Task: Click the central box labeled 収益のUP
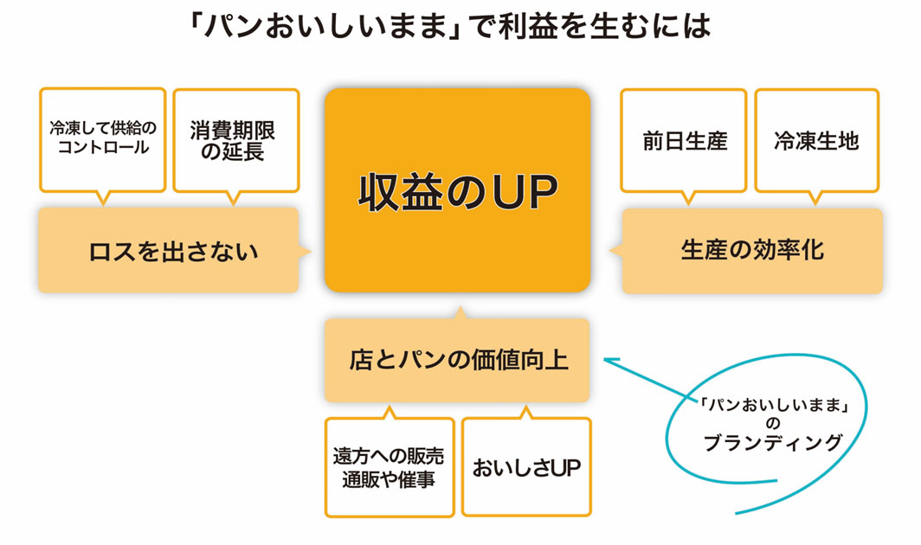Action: point(457,190)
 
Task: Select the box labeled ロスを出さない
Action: point(168,251)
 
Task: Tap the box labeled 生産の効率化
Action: point(752,251)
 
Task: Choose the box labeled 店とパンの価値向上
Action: point(457,360)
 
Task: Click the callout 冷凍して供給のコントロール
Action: point(102,138)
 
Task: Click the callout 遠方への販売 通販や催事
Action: point(389,467)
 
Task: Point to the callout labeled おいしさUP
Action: point(526,468)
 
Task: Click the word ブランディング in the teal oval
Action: point(772,443)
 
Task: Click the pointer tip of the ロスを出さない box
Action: point(307,251)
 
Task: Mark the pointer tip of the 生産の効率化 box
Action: point(613,251)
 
